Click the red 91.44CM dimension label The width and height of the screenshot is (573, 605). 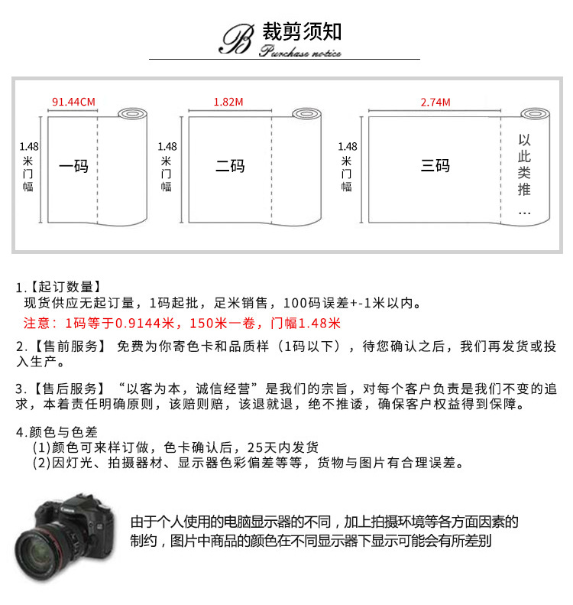[73, 102]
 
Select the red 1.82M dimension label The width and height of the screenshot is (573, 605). [228, 102]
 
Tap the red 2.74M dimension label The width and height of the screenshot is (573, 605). [435, 102]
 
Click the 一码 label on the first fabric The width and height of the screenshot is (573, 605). [73, 166]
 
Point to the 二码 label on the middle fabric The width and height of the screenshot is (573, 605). [230, 166]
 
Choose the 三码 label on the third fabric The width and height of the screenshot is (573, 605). [435, 165]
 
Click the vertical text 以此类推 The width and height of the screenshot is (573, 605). [524, 164]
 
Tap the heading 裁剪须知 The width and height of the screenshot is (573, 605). [302, 31]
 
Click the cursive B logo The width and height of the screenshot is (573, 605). [237, 39]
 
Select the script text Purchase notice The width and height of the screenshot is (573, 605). [300, 51]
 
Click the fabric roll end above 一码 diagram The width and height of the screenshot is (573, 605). [133, 114]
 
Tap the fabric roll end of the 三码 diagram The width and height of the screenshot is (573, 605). [536, 114]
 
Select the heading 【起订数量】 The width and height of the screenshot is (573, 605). [66, 287]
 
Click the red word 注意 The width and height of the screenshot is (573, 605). [37, 323]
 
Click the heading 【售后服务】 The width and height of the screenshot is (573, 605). [70, 389]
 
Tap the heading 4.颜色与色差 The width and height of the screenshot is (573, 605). [57, 432]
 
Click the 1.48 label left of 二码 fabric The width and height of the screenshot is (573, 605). [167, 147]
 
